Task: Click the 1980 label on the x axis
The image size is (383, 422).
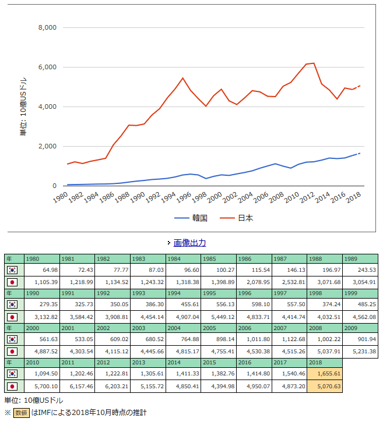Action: coord(59,199)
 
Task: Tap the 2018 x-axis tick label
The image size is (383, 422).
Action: coord(353,199)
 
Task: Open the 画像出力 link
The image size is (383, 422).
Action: coord(189,243)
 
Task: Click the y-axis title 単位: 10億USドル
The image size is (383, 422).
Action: coord(23,107)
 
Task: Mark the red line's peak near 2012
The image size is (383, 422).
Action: coord(314,63)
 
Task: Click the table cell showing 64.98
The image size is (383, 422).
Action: coord(42,270)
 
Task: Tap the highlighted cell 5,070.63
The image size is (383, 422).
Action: coord(325,386)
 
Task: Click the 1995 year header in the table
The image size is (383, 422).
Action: coord(219,293)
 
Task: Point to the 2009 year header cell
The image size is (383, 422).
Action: coord(360,328)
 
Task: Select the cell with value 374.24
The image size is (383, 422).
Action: coord(325,305)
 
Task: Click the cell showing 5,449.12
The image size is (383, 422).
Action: coord(219,317)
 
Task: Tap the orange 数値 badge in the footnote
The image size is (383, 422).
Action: coord(22,413)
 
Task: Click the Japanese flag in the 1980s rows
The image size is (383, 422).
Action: coord(12,282)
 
